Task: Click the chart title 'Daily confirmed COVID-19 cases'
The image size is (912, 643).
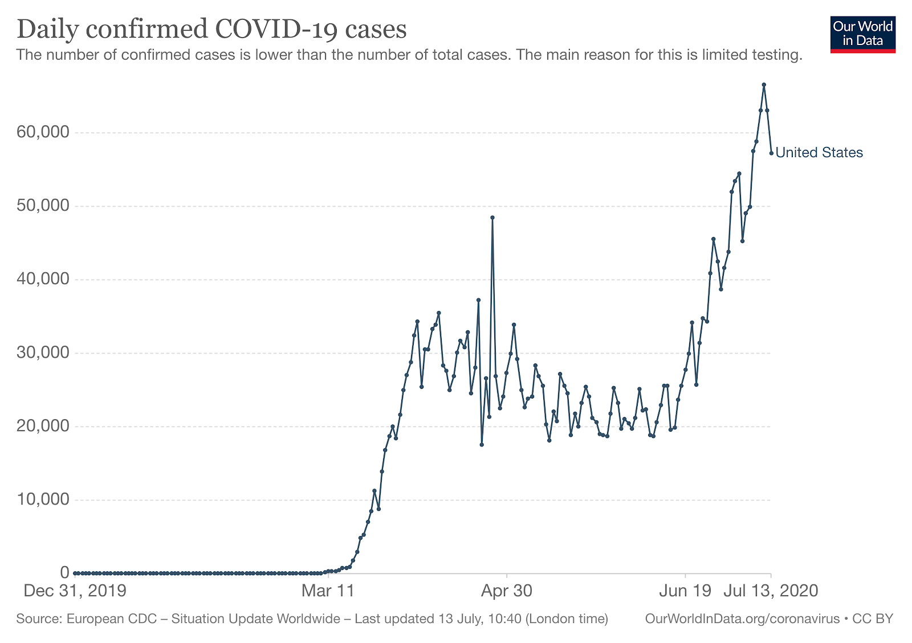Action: click(x=211, y=30)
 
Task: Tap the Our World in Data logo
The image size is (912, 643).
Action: click(x=862, y=34)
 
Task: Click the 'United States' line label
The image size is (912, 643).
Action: click(x=819, y=153)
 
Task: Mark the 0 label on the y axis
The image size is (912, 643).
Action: click(x=64, y=572)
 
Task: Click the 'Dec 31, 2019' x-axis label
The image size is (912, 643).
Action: click(x=75, y=591)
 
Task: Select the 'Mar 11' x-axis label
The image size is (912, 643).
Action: click(x=328, y=591)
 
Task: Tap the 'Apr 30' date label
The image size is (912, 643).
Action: click(x=506, y=591)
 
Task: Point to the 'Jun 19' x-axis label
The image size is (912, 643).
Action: click(x=685, y=591)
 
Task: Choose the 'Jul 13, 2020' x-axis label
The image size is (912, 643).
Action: click(x=771, y=591)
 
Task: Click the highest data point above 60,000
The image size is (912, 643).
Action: click(x=764, y=85)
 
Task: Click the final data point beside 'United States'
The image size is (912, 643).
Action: click(x=771, y=153)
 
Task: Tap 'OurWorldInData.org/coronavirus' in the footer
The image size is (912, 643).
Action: click(x=742, y=619)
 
